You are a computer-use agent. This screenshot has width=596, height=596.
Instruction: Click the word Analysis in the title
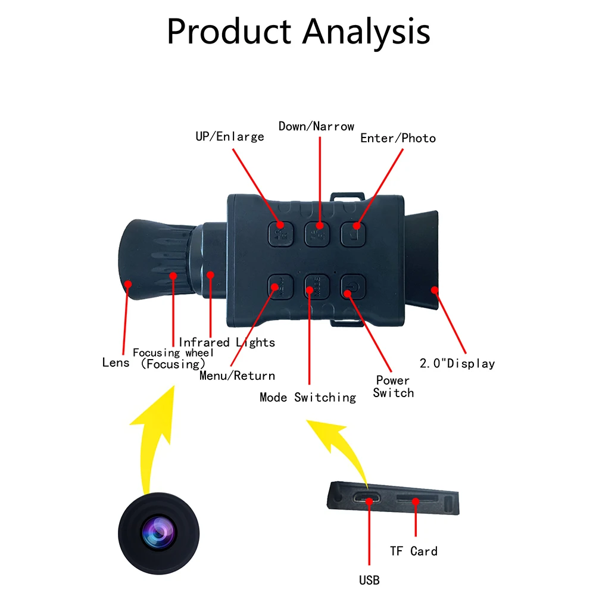(366, 32)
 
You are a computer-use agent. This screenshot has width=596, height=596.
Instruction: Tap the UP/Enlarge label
(229, 136)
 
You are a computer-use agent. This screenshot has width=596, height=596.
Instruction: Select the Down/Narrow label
(316, 126)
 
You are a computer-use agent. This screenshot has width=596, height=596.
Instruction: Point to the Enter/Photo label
(398, 138)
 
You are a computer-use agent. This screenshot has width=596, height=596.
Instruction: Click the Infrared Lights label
(227, 342)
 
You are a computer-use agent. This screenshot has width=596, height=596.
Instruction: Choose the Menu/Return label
(237, 376)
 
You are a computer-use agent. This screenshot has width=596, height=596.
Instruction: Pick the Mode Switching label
(307, 397)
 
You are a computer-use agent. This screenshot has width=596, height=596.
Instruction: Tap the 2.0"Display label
(457, 363)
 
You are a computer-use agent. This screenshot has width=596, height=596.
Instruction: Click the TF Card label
(413, 551)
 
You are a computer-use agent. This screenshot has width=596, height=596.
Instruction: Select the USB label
(369, 579)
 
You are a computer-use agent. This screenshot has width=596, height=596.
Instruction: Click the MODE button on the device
(317, 288)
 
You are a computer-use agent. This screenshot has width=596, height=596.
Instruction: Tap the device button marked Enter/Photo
(352, 232)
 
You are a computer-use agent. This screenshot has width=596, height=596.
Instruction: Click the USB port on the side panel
(369, 499)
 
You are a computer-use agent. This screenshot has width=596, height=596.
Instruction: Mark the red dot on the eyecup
(435, 290)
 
